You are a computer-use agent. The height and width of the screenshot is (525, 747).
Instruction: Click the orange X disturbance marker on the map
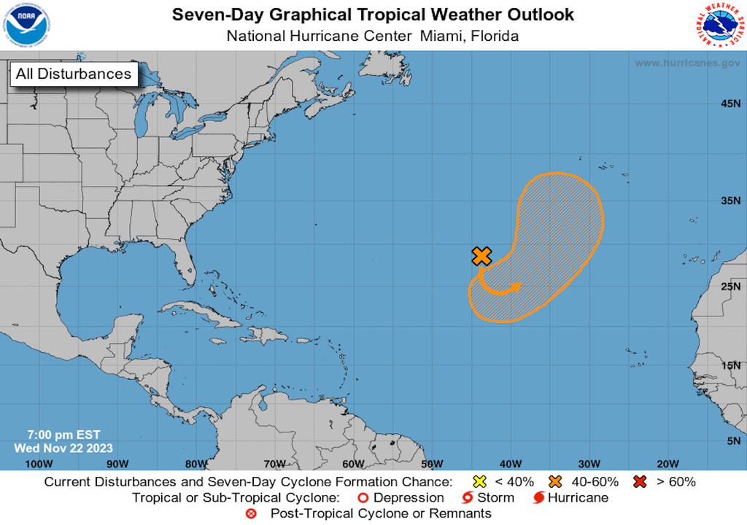point(481,255)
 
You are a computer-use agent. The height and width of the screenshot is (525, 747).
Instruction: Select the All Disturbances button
point(74,74)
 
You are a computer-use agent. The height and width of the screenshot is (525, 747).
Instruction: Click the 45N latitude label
point(731,104)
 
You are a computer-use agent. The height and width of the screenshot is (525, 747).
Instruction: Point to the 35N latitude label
point(731,201)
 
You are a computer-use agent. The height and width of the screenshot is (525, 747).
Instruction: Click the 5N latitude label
point(733,440)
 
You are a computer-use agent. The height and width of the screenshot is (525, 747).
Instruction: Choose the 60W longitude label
point(353,464)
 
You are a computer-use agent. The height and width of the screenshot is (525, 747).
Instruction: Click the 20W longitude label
point(668,464)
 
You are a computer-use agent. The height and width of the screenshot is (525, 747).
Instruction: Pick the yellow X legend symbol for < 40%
point(480,481)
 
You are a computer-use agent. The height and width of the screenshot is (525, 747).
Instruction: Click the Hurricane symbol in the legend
point(539,498)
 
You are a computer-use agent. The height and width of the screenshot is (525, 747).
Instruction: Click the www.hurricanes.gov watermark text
point(687,63)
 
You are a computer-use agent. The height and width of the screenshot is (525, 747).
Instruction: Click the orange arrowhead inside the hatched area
point(517,287)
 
